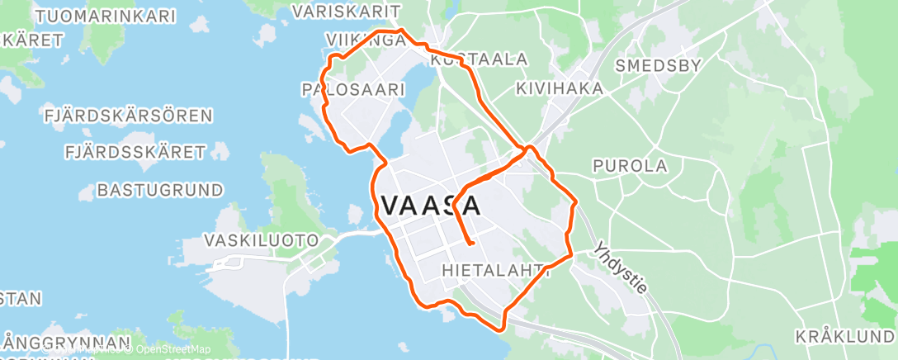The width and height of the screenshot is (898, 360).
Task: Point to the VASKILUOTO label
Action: tap(262, 241)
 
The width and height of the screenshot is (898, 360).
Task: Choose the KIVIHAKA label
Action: tap(558, 88)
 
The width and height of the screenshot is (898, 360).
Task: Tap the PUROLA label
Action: tap(630, 166)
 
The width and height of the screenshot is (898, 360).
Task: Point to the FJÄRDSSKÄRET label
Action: tap(135, 152)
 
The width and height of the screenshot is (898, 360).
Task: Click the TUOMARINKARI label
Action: tap(96, 16)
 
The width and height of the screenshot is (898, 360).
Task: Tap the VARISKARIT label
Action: tap(347, 12)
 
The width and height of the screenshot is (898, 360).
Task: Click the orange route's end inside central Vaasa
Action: tap(470, 244)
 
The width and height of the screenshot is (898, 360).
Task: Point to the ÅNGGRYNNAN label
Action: tap(66, 342)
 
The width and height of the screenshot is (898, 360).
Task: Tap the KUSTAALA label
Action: tap(479, 59)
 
